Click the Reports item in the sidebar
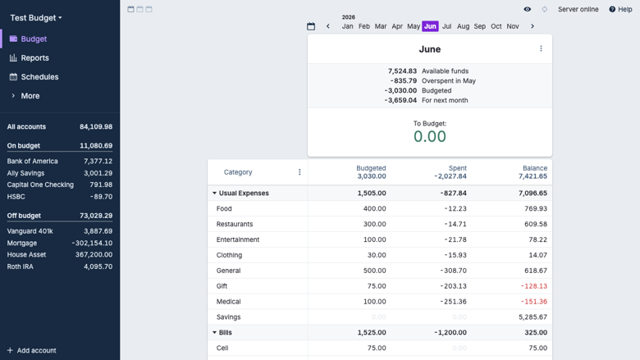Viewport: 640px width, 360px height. tap(34, 58)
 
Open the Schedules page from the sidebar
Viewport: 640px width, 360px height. tap(39, 76)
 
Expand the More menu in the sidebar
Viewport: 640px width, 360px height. tap(30, 96)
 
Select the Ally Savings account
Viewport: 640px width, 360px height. tap(25, 173)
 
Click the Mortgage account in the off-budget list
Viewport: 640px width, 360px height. tap(22, 243)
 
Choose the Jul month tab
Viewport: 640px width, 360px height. tap(447, 26)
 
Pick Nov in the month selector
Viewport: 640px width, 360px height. tap(513, 26)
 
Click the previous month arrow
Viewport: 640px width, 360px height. tap(327, 26)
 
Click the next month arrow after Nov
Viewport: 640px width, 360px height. tap(533, 26)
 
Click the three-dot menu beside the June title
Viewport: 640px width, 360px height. tap(542, 48)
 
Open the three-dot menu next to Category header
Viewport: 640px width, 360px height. tap(299, 172)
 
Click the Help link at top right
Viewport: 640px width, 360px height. tap(620, 9)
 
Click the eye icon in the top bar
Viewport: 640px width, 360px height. tap(528, 9)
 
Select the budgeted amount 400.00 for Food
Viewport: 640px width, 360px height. tap(375, 209)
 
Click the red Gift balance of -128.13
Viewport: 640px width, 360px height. tap(534, 286)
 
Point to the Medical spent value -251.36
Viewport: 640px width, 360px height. tap(453, 302)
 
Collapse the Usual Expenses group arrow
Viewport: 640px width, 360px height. tap(214, 194)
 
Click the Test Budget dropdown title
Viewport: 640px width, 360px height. tap(36, 18)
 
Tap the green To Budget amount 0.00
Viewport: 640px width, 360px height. tap(430, 137)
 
